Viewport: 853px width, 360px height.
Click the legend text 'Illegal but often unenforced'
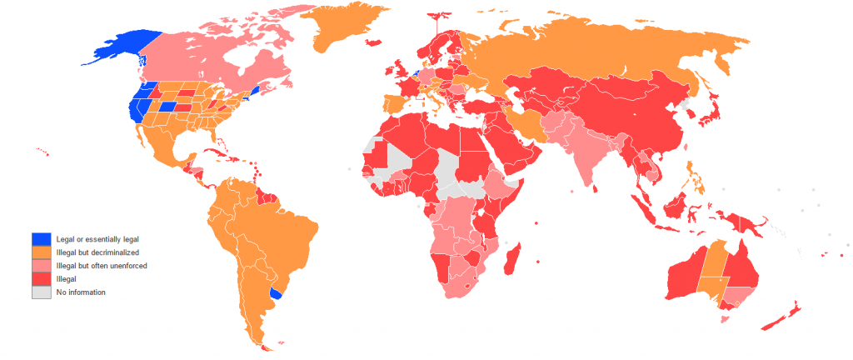(101, 266)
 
